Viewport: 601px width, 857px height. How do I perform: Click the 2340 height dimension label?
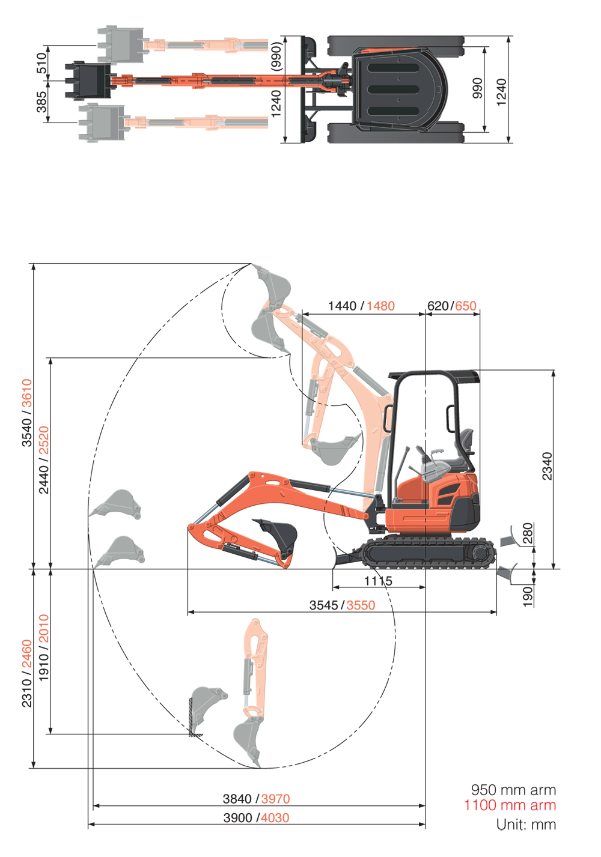(548, 466)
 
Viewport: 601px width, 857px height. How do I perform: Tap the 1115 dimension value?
(378, 581)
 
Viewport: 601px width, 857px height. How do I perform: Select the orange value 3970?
(275, 799)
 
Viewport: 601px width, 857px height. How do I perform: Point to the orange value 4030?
(275, 818)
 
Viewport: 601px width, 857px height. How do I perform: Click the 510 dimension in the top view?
(41, 62)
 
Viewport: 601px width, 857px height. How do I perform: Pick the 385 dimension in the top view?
(41, 101)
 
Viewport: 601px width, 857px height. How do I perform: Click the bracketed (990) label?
(276, 56)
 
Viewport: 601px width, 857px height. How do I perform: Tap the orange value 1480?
(380, 306)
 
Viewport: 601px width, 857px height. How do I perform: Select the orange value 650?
(466, 306)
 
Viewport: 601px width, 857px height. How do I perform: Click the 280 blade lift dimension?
(528, 533)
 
